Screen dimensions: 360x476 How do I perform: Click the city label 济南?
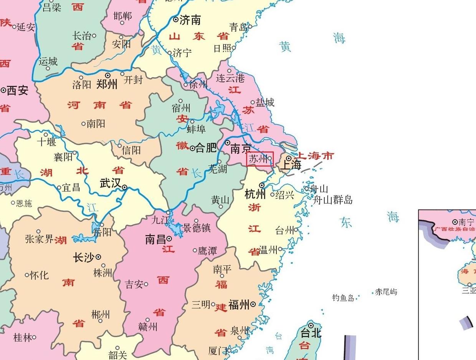tap(190, 20)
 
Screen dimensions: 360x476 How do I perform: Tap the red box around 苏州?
tap(260, 159)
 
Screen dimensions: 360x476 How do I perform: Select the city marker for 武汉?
tap(125, 187)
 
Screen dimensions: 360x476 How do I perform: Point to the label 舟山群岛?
tap(333, 200)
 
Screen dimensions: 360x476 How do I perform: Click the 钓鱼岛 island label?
tap(343, 298)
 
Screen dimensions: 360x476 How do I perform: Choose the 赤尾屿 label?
tap(386, 292)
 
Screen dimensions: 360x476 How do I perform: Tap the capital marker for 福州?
tap(253, 305)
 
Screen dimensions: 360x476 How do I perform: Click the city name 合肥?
tap(206, 148)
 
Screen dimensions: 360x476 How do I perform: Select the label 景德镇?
tap(197, 228)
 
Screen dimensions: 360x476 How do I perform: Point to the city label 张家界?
tap(39, 239)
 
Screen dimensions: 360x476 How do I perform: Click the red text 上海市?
tap(316, 156)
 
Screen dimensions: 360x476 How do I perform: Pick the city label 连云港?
tap(230, 78)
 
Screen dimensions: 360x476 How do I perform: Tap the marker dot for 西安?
tap(3, 90)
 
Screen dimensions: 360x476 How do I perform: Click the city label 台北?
tap(311, 333)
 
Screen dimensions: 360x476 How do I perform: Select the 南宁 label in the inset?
tap(466, 222)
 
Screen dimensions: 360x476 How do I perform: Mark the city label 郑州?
tap(107, 84)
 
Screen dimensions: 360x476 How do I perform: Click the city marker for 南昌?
tap(169, 239)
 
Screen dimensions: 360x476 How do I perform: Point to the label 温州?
tap(268, 250)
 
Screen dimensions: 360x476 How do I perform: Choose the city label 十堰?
tap(46, 142)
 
